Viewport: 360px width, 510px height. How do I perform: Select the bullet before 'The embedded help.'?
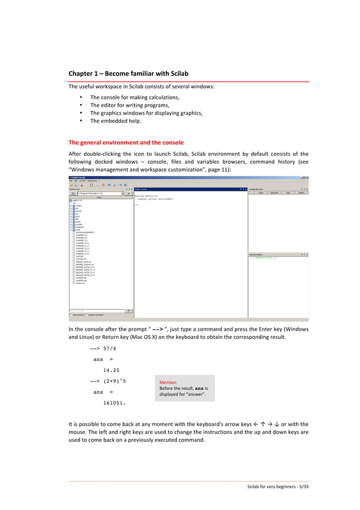pos(82,120)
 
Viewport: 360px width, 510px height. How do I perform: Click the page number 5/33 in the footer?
pos(304,487)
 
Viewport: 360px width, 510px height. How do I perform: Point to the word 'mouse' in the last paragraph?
pos(78,430)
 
